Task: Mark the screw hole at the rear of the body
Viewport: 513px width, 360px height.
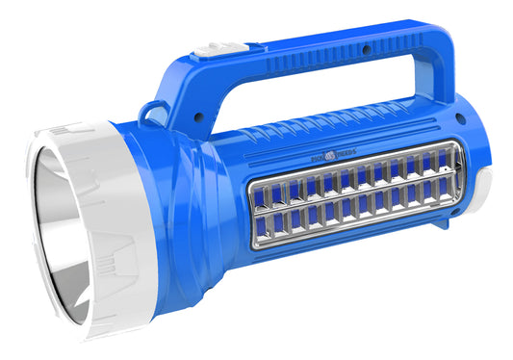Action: click(458, 123)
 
